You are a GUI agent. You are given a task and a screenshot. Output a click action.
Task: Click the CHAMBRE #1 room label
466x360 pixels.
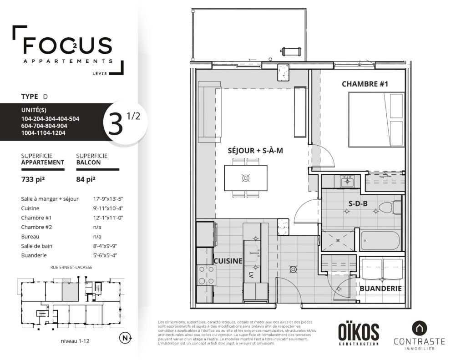pos(365,84)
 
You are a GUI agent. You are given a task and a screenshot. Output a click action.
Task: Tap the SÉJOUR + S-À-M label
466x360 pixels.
pos(255,151)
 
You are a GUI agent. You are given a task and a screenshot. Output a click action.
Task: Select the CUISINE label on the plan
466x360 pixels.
pos(228,261)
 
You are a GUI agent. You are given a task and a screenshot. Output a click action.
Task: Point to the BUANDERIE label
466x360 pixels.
pos(380,289)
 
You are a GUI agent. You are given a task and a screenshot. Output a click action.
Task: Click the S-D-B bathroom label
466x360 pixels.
pos(358,203)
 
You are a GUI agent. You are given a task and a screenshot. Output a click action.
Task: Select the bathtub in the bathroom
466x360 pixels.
pos(380,241)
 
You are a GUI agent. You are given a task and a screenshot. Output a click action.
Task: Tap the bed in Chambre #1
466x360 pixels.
pos(376,120)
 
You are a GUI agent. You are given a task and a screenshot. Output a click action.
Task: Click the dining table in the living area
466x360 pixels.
pos(245,178)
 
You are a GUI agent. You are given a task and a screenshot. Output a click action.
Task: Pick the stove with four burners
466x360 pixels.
pos(207,275)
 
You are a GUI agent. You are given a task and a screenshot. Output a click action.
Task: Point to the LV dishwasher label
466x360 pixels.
pos(251,275)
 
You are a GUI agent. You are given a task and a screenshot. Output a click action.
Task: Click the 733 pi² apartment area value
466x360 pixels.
pos(33,179)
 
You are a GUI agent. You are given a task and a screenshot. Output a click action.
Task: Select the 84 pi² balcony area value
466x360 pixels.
pos(86,179)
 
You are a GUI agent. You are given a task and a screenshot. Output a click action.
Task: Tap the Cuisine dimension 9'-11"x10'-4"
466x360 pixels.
pos(108,208)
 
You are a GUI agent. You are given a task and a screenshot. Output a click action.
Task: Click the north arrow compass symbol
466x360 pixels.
pos(126,338)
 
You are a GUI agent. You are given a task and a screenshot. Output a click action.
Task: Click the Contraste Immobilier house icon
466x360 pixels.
pos(419,329)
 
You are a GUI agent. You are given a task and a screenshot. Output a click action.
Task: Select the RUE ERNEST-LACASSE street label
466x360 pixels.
pos(71,267)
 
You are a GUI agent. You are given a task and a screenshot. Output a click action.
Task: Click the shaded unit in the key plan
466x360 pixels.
pos(71,292)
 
